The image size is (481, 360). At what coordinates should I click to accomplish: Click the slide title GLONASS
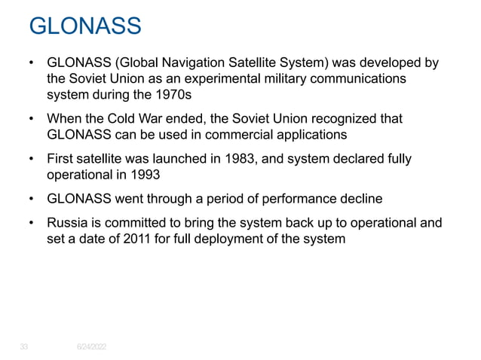[x=84, y=27]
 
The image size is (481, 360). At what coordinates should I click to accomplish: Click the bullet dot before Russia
[x=31, y=224]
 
